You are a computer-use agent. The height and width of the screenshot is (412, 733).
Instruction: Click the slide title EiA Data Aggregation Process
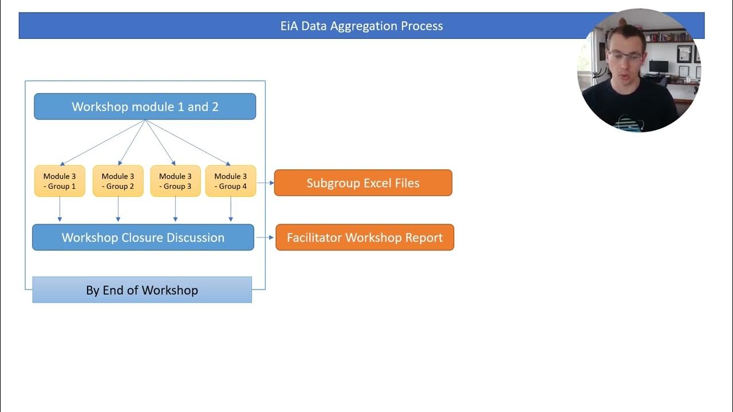tap(361, 26)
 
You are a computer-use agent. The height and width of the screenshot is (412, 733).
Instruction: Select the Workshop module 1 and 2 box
tap(145, 107)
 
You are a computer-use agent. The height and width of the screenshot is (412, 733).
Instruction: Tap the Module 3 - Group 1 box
tap(60, 181)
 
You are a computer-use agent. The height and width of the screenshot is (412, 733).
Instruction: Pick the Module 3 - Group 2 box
tap(118, 181)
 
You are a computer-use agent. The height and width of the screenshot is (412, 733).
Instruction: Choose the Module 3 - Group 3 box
tap(175, 181)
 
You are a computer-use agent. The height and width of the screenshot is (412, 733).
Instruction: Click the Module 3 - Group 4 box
tap(231, 181)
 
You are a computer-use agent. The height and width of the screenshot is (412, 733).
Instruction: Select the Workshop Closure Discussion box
tap(143, 237)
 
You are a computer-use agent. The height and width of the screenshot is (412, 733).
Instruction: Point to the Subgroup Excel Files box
tap(363, 183)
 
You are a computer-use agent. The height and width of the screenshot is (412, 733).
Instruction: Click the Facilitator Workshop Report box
tap(365, 237)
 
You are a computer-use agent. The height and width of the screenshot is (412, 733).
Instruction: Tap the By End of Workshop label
tap(142, 290)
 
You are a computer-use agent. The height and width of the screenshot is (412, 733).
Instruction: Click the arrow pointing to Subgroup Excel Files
tap(265, 183)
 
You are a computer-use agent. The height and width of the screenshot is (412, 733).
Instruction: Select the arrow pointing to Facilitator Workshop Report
tap(265, 237)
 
